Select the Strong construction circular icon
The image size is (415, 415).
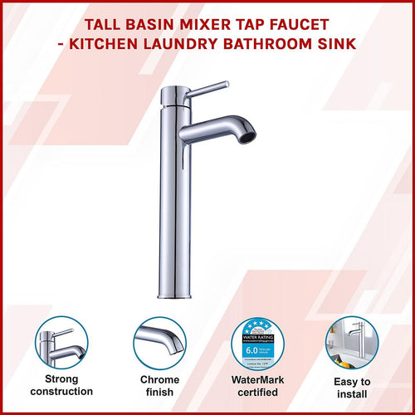click(61, 344)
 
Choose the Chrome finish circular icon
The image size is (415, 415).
click(159, 344)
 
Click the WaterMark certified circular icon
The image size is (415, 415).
click(258, 344)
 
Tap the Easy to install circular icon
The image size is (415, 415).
click(352, 344)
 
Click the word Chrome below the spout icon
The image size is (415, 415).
click(159, 377)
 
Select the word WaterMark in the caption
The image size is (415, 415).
click(258, 377)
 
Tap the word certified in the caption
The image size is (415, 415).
click(258, 391)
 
